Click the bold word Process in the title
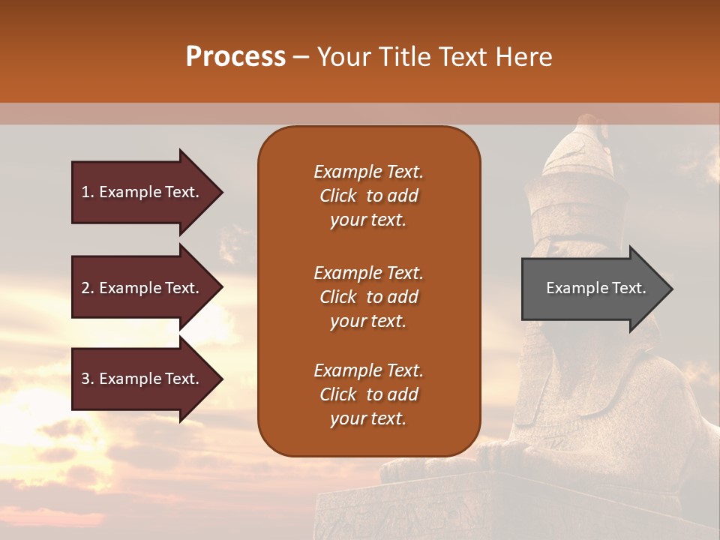tap(235, 57)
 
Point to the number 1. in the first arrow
tap(88, 192)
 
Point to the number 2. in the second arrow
tap(88, 288)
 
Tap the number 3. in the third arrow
tap(88, 379)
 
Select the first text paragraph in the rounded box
tap(368, 196)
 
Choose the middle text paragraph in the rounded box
tap(368, 296)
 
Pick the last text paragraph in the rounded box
tap(368, 394)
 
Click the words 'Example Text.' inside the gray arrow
tap(596, 288)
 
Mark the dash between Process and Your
tap(301, 58)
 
